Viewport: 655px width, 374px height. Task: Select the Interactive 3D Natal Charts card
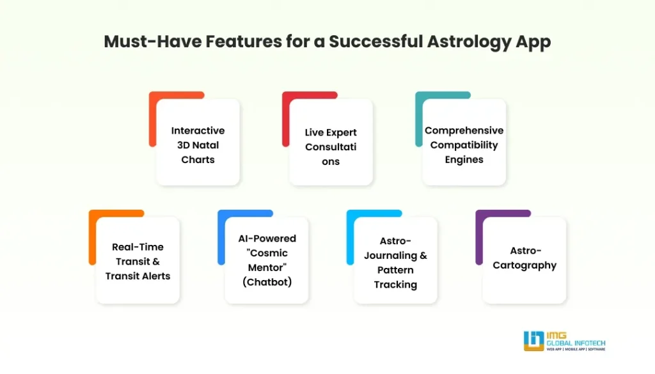(x=198, y=144)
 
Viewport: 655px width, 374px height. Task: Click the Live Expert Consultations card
(x=331, y=146)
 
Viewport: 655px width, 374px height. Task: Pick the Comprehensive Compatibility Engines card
(x=464, y=144)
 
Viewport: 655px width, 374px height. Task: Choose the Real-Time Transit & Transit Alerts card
(x=138, y=261)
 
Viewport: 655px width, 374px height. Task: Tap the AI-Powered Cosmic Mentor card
(x=267, y=260)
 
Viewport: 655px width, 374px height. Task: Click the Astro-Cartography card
(x=524, y=258)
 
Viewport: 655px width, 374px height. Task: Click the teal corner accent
(x=420, y=118)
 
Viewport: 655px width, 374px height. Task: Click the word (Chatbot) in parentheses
(x=267, y=282)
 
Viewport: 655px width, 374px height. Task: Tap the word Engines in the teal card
(x=464, y=159)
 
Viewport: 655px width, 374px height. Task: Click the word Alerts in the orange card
(x=156, y=276)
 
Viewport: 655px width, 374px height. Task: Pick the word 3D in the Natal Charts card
(x=185, y=145)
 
